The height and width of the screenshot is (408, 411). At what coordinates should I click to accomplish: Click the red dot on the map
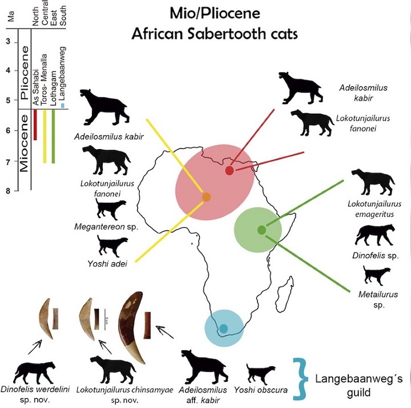(x=229, y=170)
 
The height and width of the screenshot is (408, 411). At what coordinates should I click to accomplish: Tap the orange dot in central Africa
(x=206, y=197)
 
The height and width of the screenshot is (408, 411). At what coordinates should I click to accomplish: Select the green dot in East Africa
(x=261, y=230)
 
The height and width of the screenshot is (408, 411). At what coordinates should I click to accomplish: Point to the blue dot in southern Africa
(x=224, y=328)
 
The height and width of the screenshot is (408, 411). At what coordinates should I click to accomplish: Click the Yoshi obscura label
(x=260, y=390)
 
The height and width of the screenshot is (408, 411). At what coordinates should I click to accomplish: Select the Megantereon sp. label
(x=106, y=227)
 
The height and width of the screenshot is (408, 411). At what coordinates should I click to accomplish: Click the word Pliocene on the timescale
(x=25, y=73)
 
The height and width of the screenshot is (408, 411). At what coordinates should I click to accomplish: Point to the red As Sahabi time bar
(x=35, y=125)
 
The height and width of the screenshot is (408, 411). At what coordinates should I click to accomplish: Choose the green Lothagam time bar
(x=54, y=136)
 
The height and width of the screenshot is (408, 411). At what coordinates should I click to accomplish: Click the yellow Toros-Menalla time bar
(x=45, y=136)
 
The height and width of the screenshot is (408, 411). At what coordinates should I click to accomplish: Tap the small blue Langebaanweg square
(x=62, y=106)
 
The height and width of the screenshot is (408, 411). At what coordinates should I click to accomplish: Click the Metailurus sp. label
(x=378, y=299)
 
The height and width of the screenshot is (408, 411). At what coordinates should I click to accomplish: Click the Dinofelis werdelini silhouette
(x=35, y=373)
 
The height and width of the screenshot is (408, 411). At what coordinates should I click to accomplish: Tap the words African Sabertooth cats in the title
(x=215, y=34)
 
